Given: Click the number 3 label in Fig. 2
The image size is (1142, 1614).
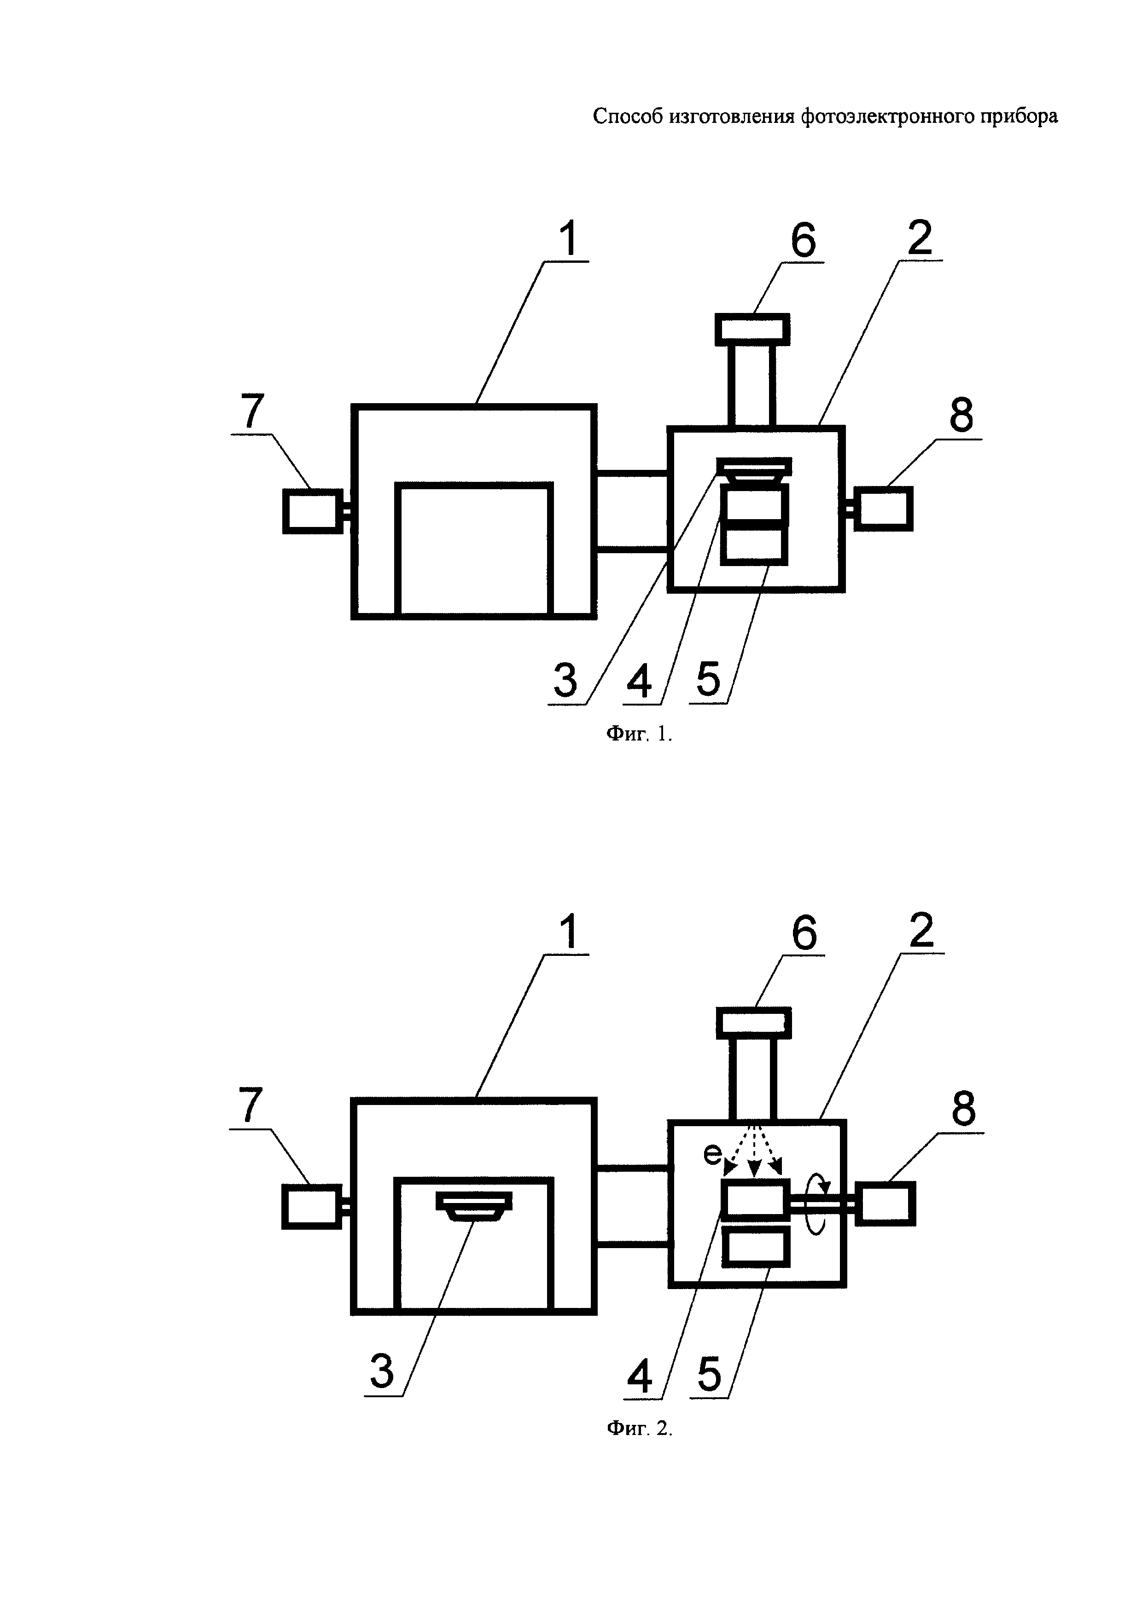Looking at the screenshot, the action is tap(382, 1371).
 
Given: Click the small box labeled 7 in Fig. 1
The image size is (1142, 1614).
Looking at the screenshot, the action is tap(312, 511).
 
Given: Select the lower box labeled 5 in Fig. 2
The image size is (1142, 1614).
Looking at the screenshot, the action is tap(756, 1248).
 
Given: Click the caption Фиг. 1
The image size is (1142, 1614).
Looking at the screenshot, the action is tap(639, 735).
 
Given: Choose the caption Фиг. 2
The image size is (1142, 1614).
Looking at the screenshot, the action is tap(639, 1429).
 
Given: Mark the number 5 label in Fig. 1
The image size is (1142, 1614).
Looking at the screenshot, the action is tap(709, 679).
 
